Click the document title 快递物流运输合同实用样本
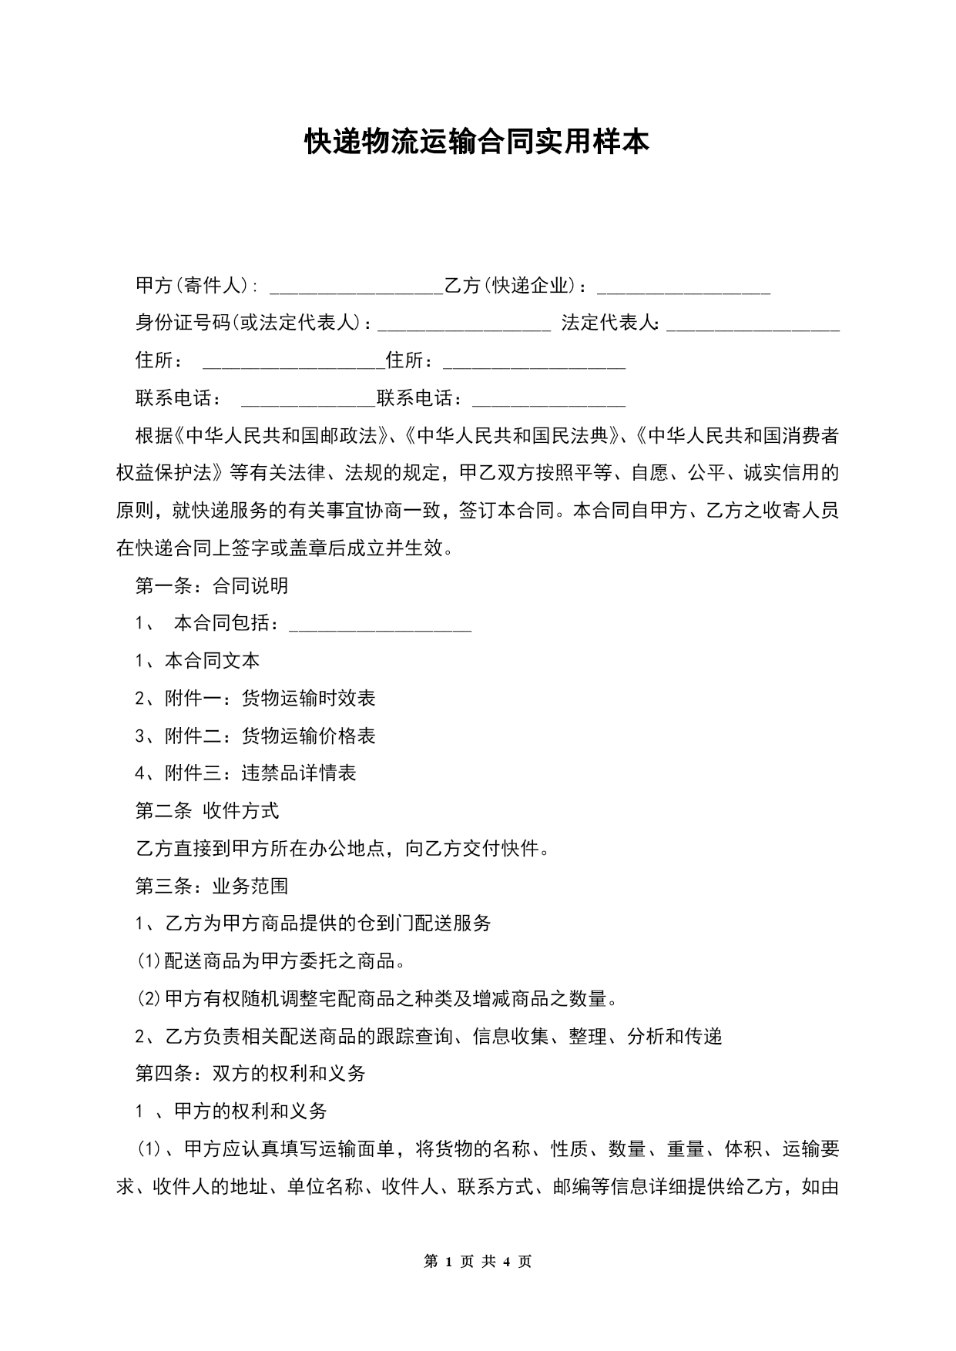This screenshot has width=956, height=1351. [x=477, y=142]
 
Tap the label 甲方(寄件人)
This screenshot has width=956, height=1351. [x=196, y=286]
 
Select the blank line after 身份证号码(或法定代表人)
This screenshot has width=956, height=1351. [x=464, y=326]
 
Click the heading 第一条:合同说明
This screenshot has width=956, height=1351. [x=212, y=585]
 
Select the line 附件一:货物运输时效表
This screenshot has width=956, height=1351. [x=255, y=699]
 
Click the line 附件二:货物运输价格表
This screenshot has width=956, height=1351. [x=255, y=736]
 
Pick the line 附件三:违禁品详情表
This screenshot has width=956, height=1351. [x=246, y=773]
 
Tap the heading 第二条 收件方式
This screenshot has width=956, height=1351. [x=207, y=810]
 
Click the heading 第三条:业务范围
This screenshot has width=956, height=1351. [x=212, y=886]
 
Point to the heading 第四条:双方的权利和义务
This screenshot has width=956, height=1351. [x=250, y=1073]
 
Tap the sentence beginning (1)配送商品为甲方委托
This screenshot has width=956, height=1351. [x=271, y=960]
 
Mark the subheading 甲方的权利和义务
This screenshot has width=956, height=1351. [x=250, y=1111]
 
